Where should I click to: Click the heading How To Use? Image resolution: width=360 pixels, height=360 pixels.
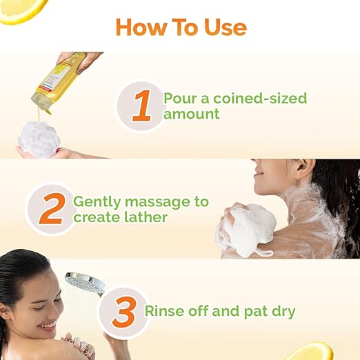point(181,27)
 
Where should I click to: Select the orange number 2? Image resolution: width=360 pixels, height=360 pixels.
point(51,209)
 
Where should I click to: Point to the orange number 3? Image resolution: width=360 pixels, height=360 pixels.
point(123,312)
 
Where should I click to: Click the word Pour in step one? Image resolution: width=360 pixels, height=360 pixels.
point(180,98)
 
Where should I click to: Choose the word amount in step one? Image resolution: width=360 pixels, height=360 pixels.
point(191,114)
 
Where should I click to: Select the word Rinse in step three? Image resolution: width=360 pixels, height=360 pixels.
point(163,311)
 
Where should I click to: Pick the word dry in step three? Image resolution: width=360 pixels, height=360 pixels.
point(281,312)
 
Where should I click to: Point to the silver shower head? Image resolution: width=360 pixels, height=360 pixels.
point(85,283)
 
